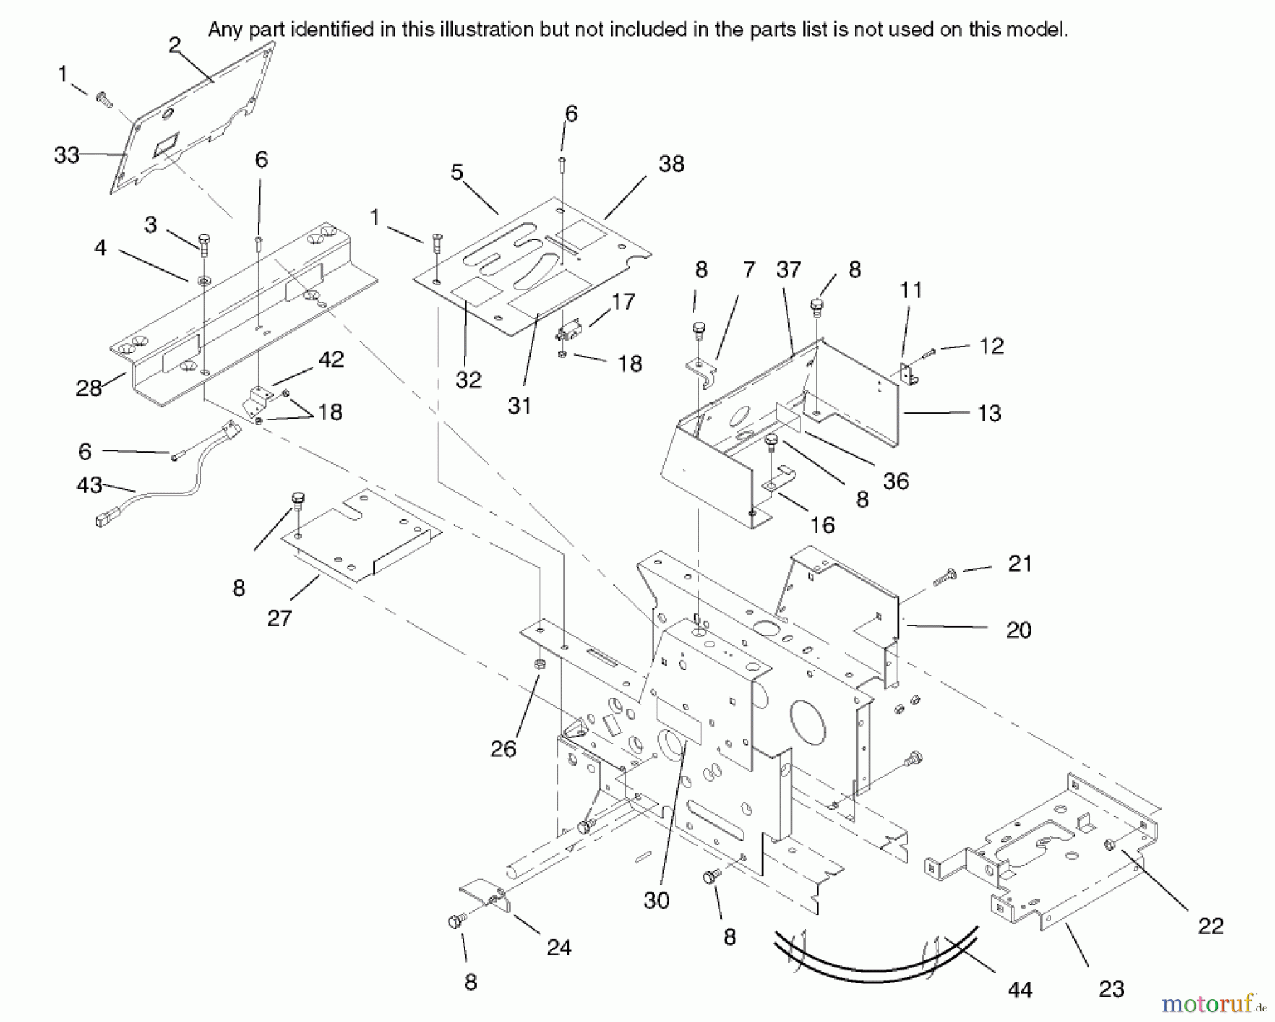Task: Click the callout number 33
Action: (x=67, y=155)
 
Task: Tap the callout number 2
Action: (x=175, y=45)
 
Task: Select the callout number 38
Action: (x=671, y=164)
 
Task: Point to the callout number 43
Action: (x=89, y=485)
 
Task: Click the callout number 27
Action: (x=280, y=618)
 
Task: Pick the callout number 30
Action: (x=657, y=900)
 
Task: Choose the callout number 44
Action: (x=1020, y=989)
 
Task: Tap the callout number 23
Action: (x=1111, y=989)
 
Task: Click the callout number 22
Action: (x=1211, y=926)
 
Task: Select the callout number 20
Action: (x=1019, y=630)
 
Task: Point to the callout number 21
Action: (x=1020, y=564)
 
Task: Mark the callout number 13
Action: (x=989, y=413)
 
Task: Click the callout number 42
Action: (x=331, y=359)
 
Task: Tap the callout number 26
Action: (x=504, y=749)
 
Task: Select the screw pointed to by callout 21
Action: (x=945, y=577)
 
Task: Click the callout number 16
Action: (x=822, y=525)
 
